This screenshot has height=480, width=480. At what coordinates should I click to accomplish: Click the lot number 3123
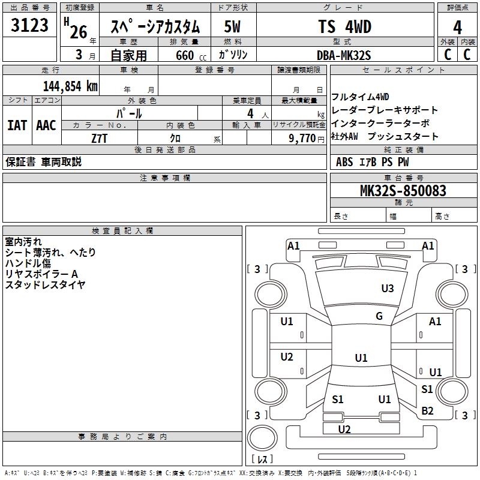(30, 26)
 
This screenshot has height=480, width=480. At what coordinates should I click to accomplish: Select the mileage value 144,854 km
(70, 86)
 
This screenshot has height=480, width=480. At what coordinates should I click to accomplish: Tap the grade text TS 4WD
(344, 26)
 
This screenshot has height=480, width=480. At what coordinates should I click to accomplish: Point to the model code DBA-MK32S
(344, 55)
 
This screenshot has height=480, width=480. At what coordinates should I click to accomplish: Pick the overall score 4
(457, 27)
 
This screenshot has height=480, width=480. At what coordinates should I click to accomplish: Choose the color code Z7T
(100, 137)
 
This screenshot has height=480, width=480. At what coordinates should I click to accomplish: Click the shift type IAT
(17, 125)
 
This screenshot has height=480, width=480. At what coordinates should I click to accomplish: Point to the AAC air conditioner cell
(46, 125)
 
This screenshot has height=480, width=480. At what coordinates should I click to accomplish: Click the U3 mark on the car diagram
(388, 289)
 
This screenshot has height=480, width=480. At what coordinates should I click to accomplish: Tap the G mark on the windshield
(379, 316)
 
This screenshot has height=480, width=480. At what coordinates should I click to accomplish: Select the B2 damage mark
(427, 410)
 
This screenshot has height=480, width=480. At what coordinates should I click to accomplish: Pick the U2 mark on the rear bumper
(344, 429)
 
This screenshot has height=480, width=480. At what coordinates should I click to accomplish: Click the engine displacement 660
(185, 55)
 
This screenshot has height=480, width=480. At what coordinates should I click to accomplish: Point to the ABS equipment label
(344, 161)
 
